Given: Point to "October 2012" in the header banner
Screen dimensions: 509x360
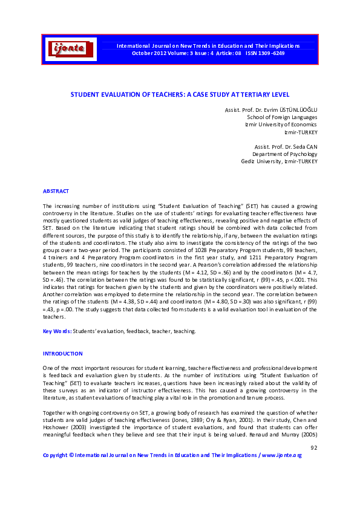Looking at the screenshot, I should pyautogui.click(x=148, y=53).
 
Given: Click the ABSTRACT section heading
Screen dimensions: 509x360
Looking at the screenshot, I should pyautogui.click(x=55, y=191).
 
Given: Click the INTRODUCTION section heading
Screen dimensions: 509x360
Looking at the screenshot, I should pyautogui.click(x=62, y=353).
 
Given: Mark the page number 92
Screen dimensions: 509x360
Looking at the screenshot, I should pyautogui.click(x=313, y=447).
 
